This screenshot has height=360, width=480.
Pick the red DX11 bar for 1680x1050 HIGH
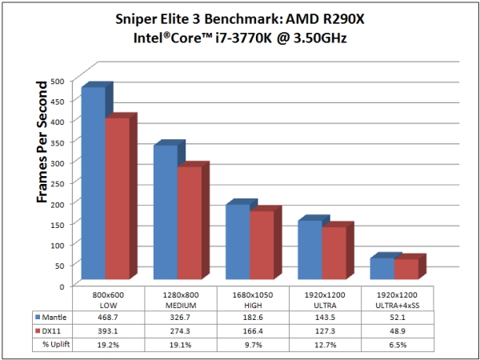261,248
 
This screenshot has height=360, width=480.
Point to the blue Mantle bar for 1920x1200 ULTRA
309,252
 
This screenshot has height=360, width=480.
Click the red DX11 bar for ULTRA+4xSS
405,271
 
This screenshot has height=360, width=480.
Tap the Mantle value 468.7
109,318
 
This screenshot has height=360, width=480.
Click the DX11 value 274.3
181,331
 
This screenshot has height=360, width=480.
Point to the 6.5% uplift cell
397,344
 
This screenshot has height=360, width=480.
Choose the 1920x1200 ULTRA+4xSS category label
397,298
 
